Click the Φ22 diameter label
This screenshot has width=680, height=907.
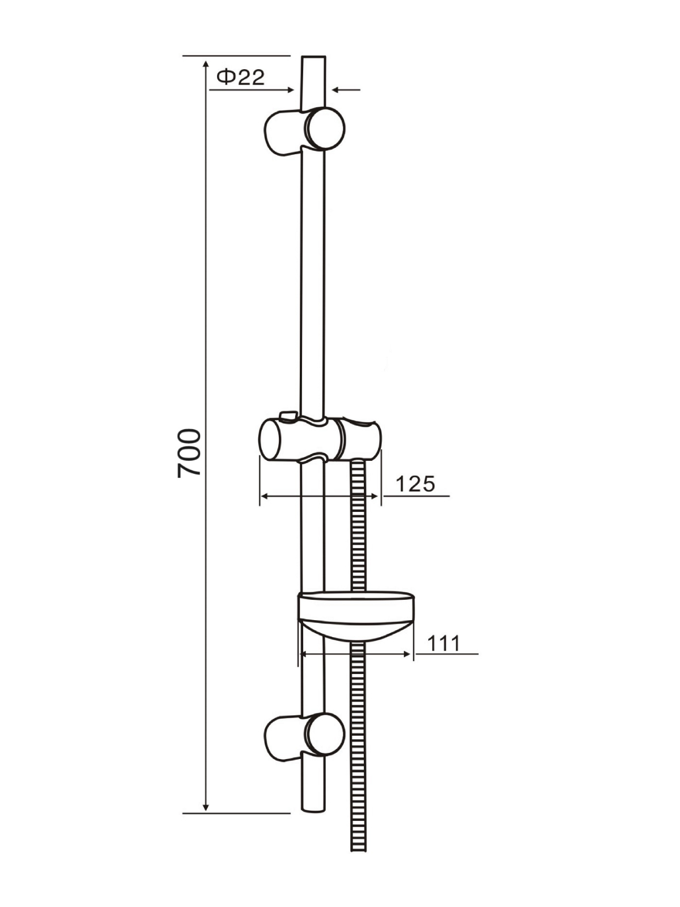point(240,77)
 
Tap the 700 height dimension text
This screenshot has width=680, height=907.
point(189,453)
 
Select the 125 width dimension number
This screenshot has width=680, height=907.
point(415,484)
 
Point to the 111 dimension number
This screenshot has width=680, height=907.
point(444,643)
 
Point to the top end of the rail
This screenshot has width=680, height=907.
point(314,56)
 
